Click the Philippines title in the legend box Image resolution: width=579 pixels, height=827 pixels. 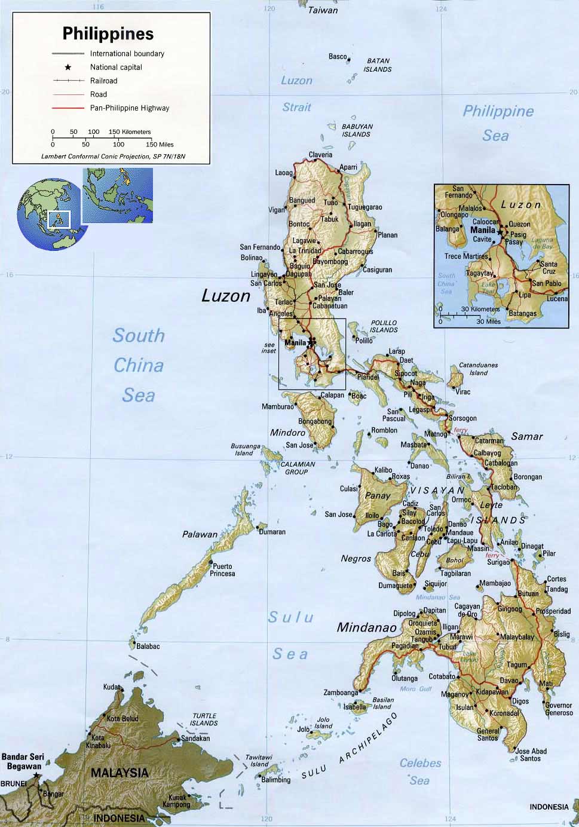point(108,33)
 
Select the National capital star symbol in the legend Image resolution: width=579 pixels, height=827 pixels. point(68,68)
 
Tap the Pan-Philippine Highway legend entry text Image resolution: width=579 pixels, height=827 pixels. point(130,108)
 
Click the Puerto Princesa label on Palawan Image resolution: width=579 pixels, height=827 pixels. point(222,569)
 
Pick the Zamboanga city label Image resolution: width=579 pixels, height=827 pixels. point(341,693)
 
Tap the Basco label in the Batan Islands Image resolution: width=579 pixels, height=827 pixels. point(338,57)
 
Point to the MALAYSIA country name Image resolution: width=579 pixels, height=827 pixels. point(120,773)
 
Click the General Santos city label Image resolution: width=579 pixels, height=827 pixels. point(488,734)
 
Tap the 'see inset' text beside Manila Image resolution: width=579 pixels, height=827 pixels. point(269,348)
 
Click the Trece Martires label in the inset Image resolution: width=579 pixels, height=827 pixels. point(467,256)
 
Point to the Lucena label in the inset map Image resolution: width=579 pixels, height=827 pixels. point(557,299)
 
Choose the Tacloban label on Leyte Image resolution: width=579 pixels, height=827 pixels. point(504,487)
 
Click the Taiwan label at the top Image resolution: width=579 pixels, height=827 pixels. point(323,10)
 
